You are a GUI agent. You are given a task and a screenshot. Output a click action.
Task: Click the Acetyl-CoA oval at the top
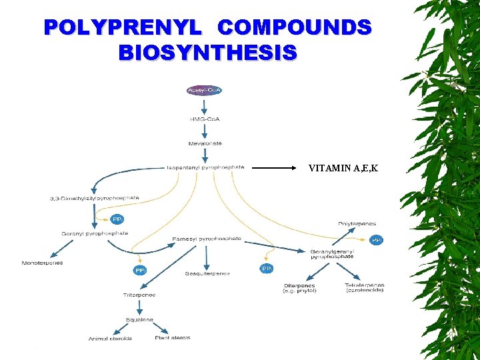pos(205,90)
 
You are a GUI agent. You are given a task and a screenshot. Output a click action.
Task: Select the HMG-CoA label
pos(205,119)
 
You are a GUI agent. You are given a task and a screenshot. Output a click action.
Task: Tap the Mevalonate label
pos(205,143)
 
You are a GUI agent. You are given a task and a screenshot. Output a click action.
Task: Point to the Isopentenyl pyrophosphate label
pos(205,167)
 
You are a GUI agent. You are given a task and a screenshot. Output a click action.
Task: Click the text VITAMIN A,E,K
pos(343,168)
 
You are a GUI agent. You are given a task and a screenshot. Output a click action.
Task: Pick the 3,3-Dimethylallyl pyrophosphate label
pos(94,197)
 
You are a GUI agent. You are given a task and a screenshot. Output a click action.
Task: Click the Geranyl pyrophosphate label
pos(95,234)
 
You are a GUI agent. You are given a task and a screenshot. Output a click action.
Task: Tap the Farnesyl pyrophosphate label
pos(207,238)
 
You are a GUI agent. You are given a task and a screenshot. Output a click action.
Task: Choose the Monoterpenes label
pos(42,263)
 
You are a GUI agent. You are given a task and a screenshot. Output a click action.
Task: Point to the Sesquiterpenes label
pos(207,273)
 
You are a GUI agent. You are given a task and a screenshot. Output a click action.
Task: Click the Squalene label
pos(139,319)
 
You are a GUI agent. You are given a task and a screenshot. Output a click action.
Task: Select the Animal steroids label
pos(110,339)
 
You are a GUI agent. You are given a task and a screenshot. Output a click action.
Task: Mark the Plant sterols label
pos(172,338)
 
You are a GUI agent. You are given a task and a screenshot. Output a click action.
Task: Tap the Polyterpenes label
pos(357,224)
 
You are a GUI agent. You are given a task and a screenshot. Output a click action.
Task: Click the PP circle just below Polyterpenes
pos(377,240)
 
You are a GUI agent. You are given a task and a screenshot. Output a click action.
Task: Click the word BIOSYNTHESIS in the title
pos(207,52)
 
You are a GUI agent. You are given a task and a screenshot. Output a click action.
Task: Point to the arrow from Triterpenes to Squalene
pos(139,306)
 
